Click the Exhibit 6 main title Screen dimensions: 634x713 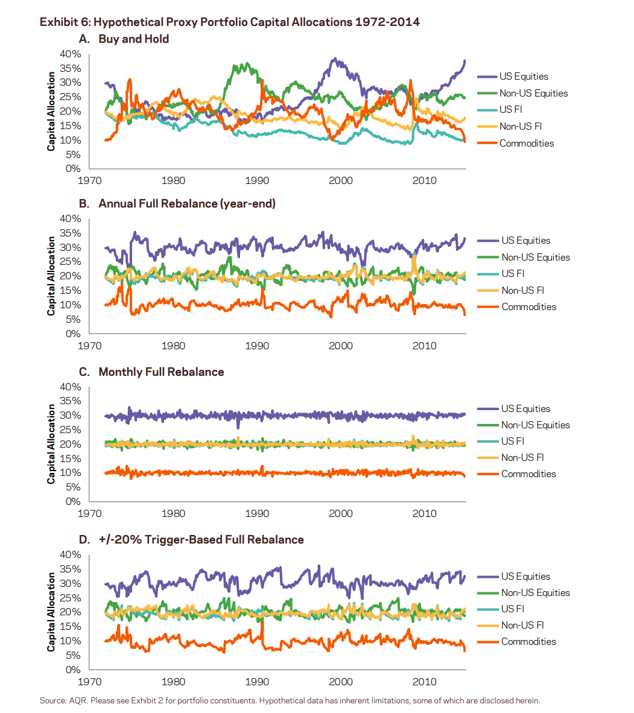230,22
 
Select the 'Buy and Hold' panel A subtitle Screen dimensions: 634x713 134,39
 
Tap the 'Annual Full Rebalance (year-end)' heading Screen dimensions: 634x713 187,203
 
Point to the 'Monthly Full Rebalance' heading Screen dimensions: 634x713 162,372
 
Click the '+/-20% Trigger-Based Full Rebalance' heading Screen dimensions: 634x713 201,540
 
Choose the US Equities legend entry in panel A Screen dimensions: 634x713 513,77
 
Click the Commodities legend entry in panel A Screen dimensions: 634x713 516,143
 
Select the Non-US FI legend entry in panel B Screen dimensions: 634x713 511,290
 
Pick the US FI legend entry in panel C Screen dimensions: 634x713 501,441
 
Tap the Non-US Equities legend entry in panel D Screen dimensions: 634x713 524,592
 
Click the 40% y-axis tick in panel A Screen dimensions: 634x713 71,54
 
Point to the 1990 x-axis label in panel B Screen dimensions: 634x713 257,346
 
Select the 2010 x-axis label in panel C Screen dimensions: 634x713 424,513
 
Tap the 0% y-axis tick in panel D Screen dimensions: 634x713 73,670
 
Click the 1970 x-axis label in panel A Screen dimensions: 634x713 90,180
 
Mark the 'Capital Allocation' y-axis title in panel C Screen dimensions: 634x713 51,444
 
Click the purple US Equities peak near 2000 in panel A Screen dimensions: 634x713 335,59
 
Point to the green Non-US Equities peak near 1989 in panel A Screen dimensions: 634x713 247,64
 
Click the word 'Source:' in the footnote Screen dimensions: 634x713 53,701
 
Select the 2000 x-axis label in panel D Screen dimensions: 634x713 341,682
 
